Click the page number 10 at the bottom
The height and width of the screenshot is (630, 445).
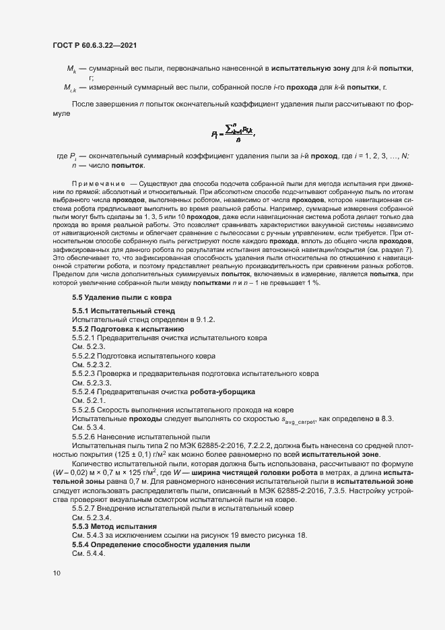[56, 573]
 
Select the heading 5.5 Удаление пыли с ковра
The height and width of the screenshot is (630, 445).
[117, 297]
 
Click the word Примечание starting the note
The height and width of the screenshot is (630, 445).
[98, 183]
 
